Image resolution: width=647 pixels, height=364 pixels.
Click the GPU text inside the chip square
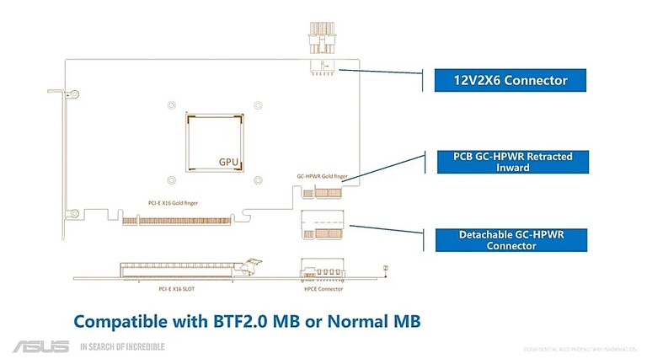pyautogui.click(x=228, y=160)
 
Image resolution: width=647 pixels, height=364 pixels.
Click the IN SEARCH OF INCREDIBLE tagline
pyautogui.click(x=122, y=346)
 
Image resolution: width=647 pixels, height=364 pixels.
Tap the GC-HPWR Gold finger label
pyautogui.click(x=322, y=176)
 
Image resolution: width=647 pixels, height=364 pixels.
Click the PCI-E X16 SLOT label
pyautogui.click(x=179, y=289)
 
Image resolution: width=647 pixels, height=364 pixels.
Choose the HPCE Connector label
pyautogui.click(x=323, y=289)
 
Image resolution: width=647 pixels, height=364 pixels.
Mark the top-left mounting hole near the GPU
pyautogui.click(x=172, y=105)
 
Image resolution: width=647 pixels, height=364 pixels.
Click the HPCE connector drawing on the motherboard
pyautogui.click(x=323, y=272)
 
